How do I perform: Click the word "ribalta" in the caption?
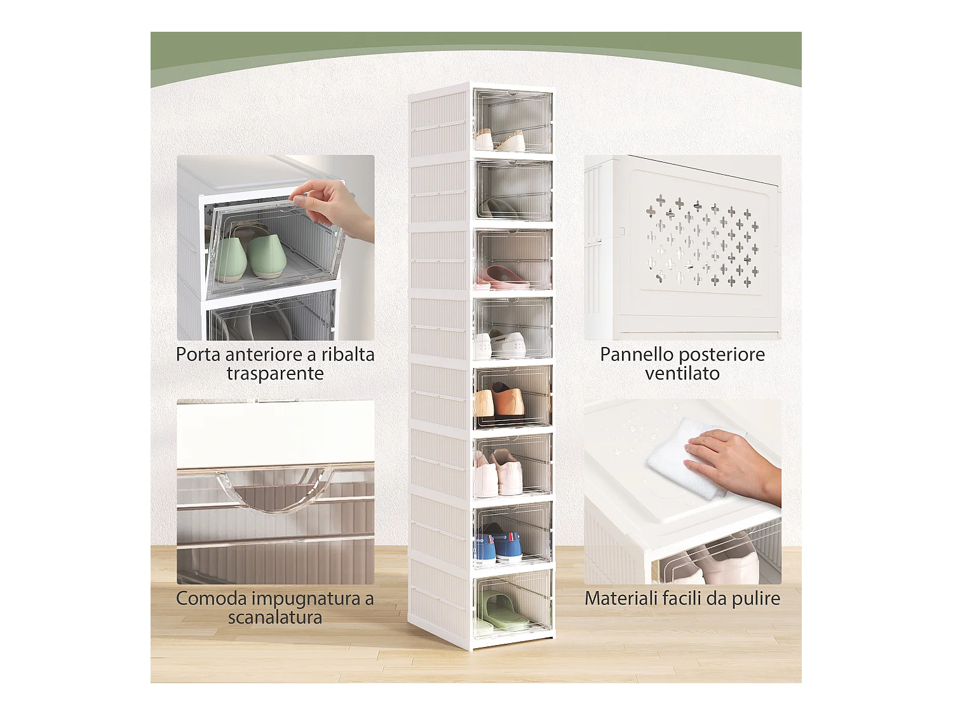click(x=348, y=354)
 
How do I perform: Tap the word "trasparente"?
click(x=275, y=374)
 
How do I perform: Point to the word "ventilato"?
click(x=682, y=373)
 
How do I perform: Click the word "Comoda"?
click(x=212, y=599)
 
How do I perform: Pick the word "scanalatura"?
click(x=275, y=617)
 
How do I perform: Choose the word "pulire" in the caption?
click(x=756, y=599)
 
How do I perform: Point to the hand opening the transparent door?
click(x=334, y=208)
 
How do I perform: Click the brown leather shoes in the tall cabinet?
click(x=500, y=401)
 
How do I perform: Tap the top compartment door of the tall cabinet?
click(x=513, y=121)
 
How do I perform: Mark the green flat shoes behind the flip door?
click(x=252, y=255)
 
